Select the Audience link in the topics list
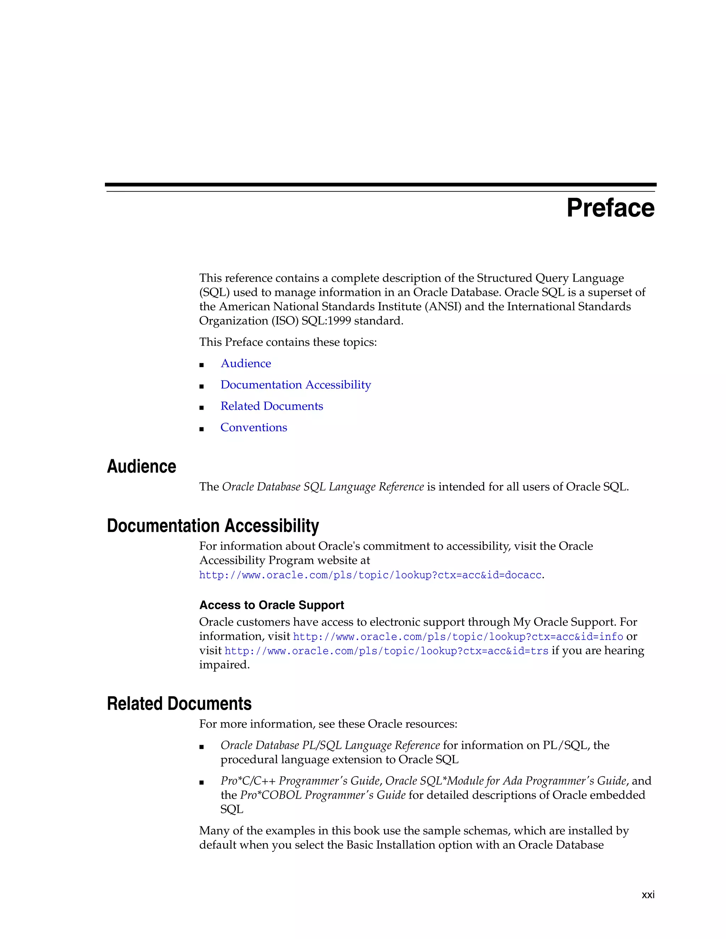pos(246,364)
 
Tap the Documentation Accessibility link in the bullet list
pos(296,385)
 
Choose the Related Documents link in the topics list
pos(272,406)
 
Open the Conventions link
pos(253,428)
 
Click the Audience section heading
pos(141,467)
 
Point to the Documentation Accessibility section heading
pos(213,526)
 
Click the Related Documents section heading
pos(179,704)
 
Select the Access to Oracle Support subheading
pos(272,605)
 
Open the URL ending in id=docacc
pos(370,575)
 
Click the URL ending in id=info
pos(458,637)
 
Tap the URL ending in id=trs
pos(386,651)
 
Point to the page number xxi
pos(648,895)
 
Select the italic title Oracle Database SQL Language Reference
pos(323,487)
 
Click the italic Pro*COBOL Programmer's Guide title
pos(323,795)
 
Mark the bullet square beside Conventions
pos(201,429)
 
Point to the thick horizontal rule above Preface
pos(381,185)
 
